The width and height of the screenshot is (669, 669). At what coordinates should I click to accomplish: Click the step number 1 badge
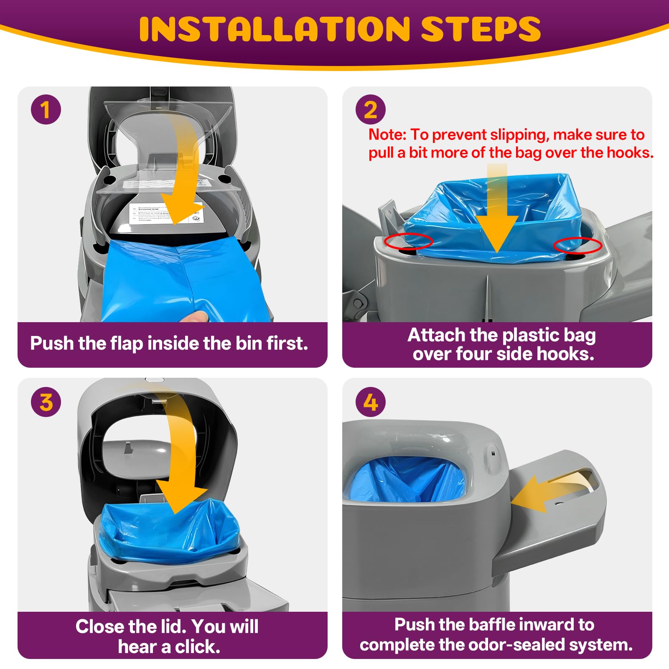pyautogui.click(x=46, y=110)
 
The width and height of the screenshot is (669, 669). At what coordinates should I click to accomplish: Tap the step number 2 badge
pyautogui.click(x=371, y=110)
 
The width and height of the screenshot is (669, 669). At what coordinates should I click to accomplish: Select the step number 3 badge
pyautogui.click(x=46, y=402)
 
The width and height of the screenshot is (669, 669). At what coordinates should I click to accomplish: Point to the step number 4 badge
pyautogui.click(x=371, y=402)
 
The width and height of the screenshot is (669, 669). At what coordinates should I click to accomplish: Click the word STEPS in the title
pyautogui.click(x=481, y=29)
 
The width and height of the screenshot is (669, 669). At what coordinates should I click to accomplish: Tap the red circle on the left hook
pyautogui.click(x=408, y=241)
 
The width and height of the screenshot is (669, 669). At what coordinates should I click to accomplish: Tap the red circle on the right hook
pyautogui.click(x=577, y=246)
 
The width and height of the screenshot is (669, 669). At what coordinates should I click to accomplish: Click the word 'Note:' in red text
pyautogui.click(x=387, y=135)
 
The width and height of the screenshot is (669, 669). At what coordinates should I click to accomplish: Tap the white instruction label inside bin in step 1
pyautogui.click(x=165, y=214)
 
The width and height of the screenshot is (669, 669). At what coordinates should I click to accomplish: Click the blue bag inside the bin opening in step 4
pyautogui.click(x=405, y=481)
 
